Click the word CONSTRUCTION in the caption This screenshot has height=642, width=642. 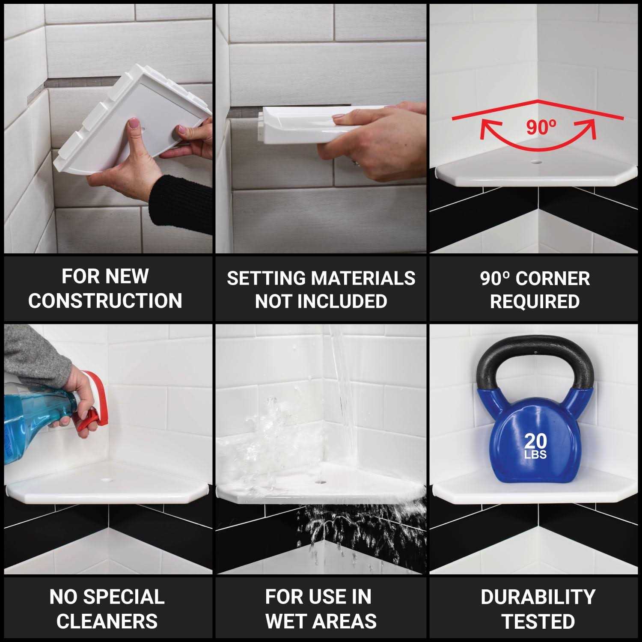click(105, 300)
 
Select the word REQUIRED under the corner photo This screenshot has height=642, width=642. click(535, 301)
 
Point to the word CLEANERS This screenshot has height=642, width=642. click(107, 621)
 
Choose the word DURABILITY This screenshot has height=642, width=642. click(538, 597)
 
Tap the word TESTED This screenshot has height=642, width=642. click(538, 621)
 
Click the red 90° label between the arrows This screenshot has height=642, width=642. click(541, 127)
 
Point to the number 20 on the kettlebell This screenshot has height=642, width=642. click(535, 441)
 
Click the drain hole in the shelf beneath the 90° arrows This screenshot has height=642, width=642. click(535, 163)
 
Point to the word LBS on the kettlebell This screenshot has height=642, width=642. click(535, 455)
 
